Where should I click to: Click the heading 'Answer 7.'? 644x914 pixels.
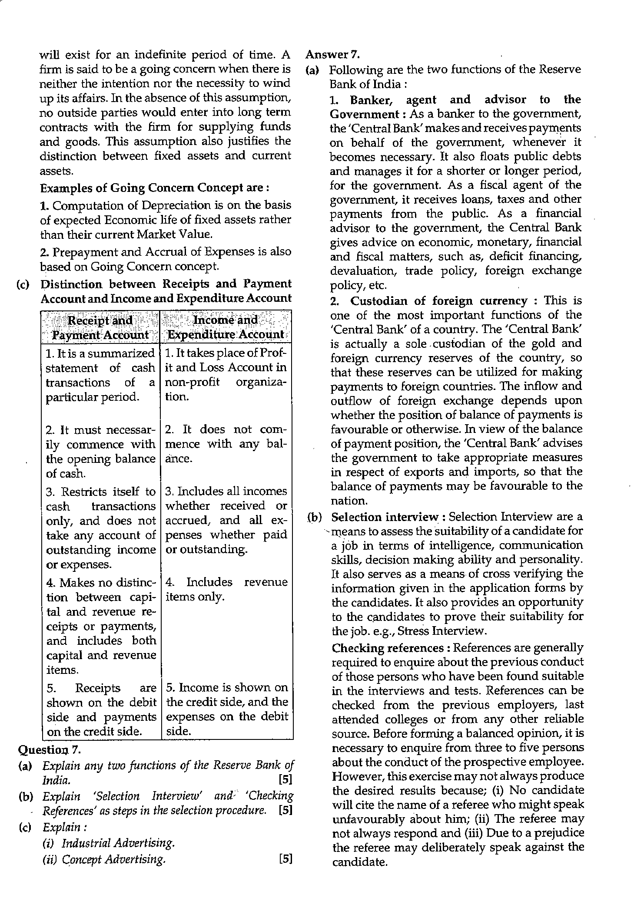point(332,55)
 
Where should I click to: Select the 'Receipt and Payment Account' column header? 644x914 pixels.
point(100,328)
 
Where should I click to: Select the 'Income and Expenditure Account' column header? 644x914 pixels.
point(226,328)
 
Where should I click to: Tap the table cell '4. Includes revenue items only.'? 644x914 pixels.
point(226,589)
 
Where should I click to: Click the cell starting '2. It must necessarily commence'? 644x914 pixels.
point(100,452)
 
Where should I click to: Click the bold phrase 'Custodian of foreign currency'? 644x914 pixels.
point(439,300)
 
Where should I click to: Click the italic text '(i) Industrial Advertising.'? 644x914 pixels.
point(109,843)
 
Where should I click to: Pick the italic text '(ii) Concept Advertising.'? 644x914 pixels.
point(104,859)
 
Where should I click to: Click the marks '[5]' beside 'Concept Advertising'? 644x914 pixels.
point(285,859)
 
